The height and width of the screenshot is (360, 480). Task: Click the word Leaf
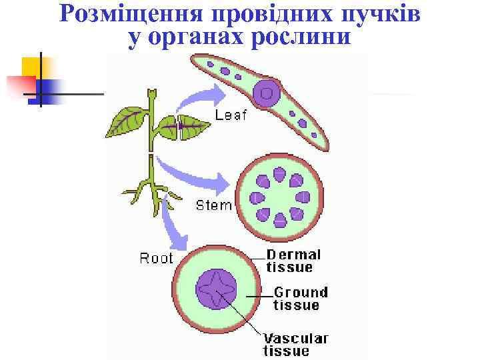pyautogui.click(x=231, y=115)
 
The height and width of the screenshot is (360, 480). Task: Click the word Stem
pyautogui.click(x=213, y=205)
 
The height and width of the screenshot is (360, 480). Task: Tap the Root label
pyautogui.click(x=156, y=258)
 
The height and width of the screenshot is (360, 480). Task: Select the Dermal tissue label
pyautogui.click(x=293, y=261)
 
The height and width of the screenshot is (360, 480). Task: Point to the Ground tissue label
pyautogui.click(x=301, y=299)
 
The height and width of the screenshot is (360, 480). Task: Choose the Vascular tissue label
pyautogui.click(x=295, y=344)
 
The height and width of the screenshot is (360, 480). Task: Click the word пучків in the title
pyautogui.click(x=380, y=15)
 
